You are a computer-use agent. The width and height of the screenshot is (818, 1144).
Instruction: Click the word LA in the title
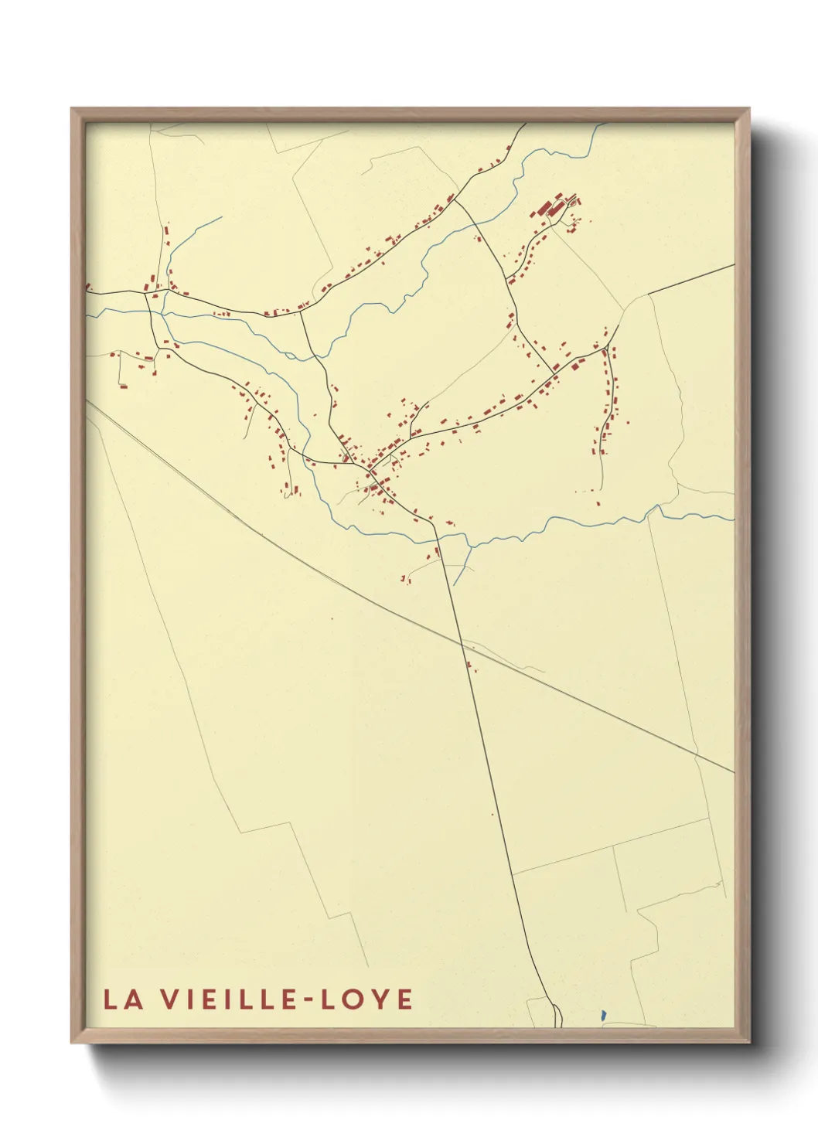click(x=123, y=999)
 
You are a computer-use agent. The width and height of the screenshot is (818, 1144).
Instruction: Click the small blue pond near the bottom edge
click(x=603, y=1014)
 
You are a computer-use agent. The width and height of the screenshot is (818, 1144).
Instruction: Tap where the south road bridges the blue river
click(x=438, y=536)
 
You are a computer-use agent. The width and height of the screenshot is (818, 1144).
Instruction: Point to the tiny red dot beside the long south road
click(x=492, y=814)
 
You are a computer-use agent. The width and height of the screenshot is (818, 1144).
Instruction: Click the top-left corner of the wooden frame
click(x=72, y=109)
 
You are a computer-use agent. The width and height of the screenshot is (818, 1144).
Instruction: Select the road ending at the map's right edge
click(x=696, y=277)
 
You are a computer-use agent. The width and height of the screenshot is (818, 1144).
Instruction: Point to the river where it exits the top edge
click(x=596, y=128)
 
